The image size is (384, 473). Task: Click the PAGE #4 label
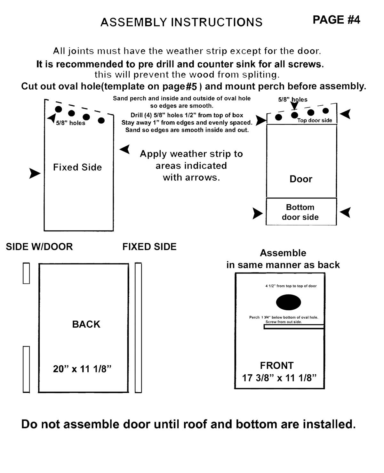336,20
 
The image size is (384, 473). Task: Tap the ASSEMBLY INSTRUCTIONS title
181,22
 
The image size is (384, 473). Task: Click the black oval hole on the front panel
288,302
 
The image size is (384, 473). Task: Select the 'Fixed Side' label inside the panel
77,167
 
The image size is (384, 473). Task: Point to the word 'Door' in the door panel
301,179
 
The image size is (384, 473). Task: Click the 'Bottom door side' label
300,212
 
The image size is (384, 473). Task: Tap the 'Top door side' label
315,120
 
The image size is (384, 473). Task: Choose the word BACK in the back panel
86,324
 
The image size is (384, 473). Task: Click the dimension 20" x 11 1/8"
82,369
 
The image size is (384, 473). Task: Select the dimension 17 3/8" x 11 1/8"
279,378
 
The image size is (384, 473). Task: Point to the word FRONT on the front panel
277,365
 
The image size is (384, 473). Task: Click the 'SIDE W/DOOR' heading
39,247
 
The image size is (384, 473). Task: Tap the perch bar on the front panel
294,327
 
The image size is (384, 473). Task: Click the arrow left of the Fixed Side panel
35,173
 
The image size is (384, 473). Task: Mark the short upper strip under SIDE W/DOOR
26,273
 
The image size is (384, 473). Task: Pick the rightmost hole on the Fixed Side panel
101,120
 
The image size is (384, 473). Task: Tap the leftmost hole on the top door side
279,117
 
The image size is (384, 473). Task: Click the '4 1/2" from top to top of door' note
291,286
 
